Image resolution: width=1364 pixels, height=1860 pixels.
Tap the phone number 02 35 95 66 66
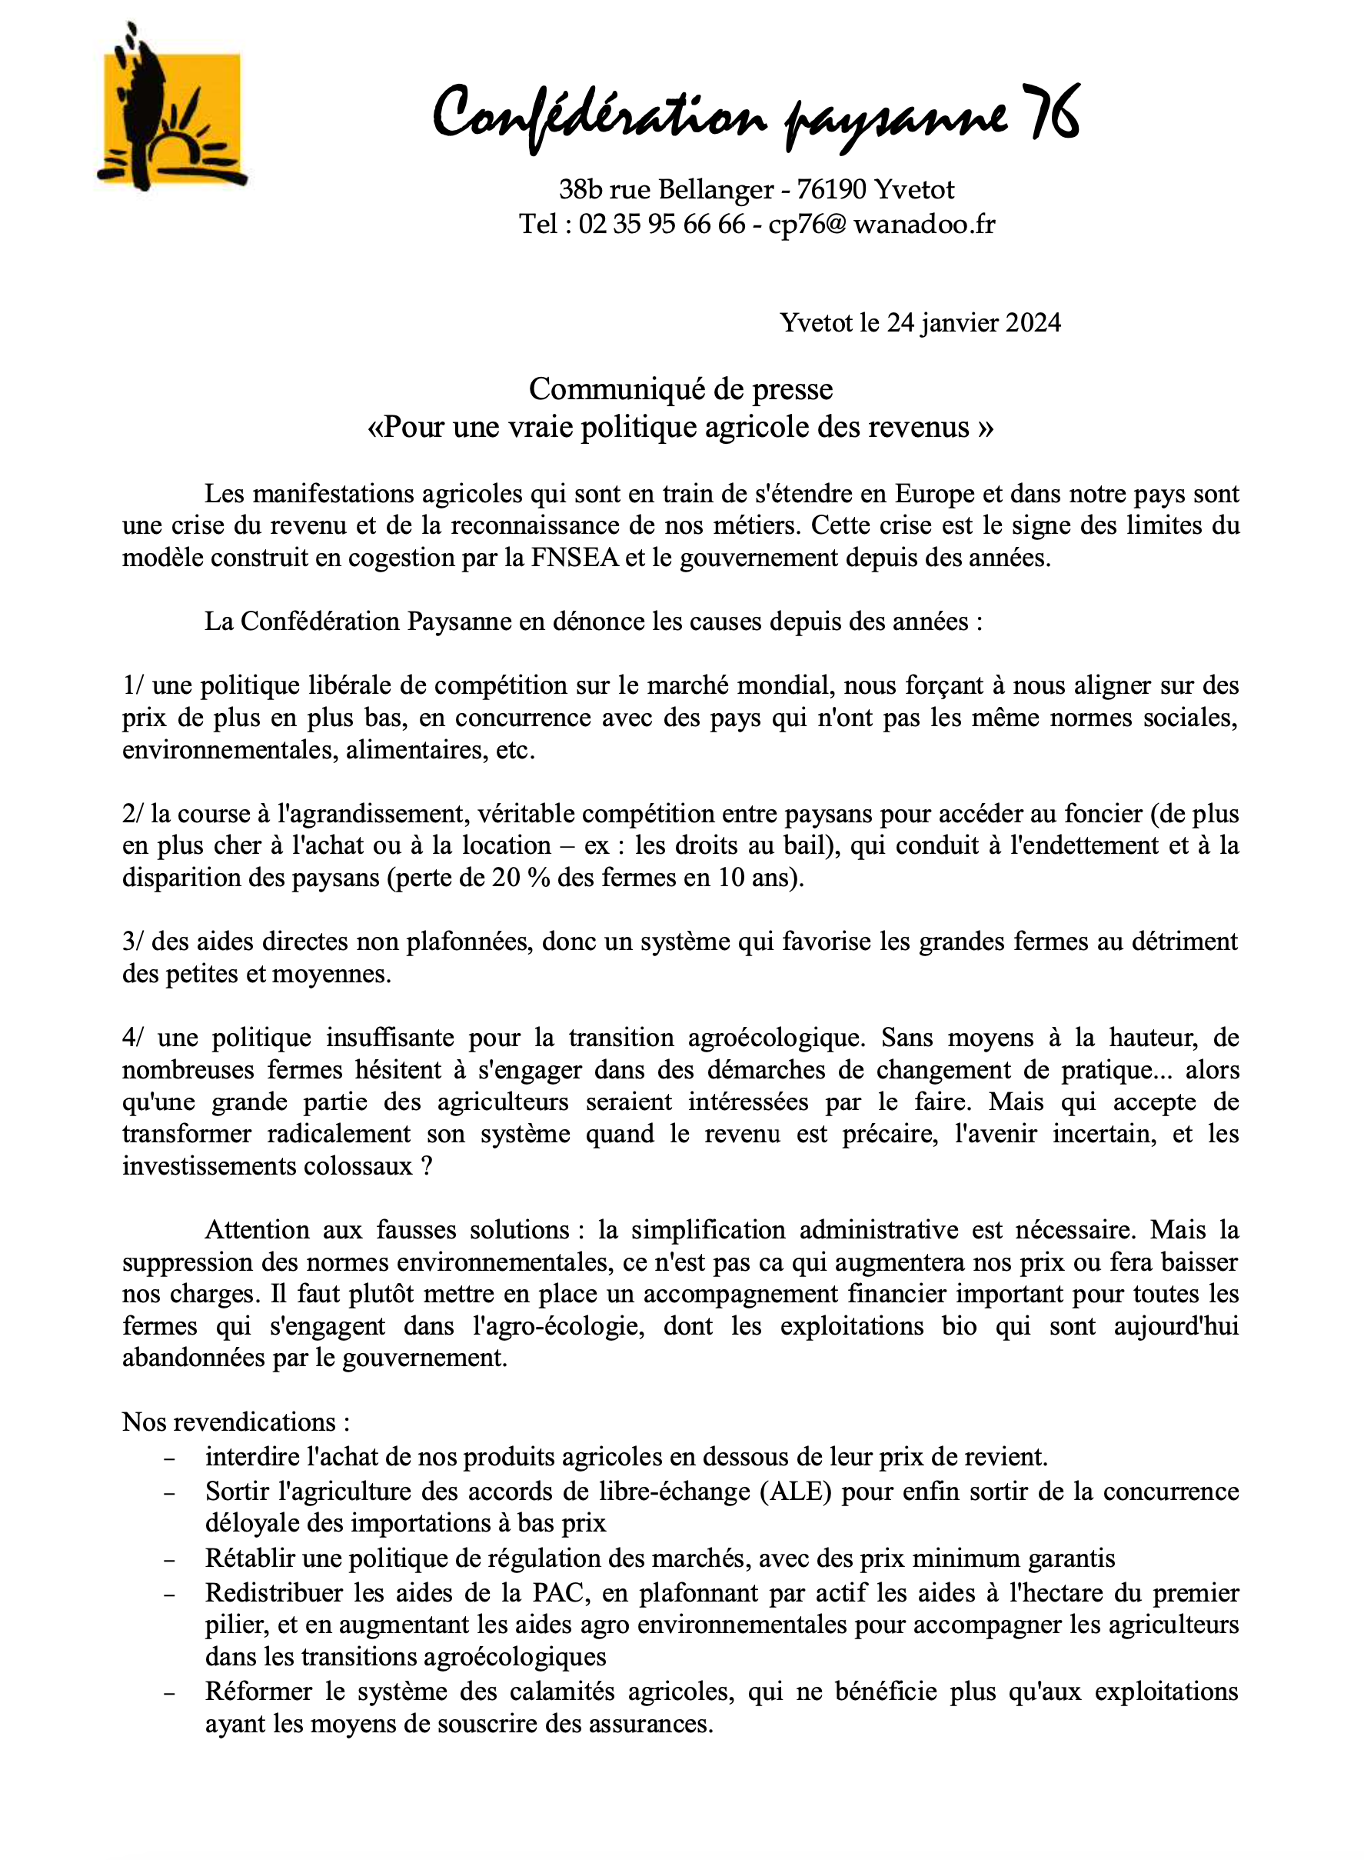(x=661, y=225)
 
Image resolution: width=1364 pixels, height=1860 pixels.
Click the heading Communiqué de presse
(x=681, y=389)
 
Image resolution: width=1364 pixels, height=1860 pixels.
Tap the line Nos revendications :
(x=236, y=1422)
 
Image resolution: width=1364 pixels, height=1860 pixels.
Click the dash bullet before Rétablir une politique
(x=169, y=1560)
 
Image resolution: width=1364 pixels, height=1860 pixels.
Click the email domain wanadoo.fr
(x=924, y=225)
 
